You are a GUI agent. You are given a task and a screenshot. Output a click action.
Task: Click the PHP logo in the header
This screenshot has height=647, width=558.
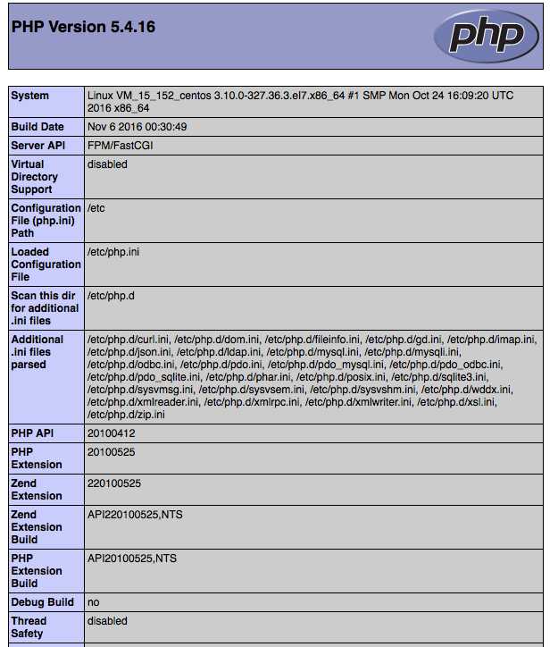(x=486, y=36)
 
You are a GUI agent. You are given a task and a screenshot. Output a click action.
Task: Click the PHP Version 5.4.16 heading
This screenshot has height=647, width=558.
(x=83, y=27)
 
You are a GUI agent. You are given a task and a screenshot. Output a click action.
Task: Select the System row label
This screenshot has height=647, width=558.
(x=30, y=96)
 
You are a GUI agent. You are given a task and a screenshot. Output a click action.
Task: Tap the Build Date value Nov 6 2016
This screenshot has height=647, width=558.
(x=137, y=127)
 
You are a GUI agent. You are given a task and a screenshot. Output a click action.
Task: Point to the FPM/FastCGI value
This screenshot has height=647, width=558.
(x=120, y=146)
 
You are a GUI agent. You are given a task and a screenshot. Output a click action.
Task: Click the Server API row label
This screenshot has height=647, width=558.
(x=39, y=146)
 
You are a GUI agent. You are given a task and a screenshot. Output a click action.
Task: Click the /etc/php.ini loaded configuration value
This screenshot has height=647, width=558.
(x=113, y=252)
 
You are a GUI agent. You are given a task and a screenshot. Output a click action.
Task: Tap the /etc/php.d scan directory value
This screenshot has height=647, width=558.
(x=111, y=296)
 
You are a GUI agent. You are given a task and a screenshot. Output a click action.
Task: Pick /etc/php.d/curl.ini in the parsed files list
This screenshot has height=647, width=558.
(x=128, y=340)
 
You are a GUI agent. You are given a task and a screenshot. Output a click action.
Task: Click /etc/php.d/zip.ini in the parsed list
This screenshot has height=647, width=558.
(x=125, y=415)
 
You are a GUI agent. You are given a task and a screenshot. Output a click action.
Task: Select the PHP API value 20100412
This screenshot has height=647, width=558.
(x=112, y=433)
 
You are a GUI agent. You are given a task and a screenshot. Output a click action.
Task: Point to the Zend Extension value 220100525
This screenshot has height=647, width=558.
(x=114, y=483)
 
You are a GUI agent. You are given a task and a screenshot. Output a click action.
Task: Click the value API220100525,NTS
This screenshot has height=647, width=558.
(x=135, y=515)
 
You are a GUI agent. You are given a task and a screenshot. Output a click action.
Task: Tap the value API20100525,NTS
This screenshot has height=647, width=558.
(x=132, y=559)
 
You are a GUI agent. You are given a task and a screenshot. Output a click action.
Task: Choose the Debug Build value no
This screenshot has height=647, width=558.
(x=94, y=602)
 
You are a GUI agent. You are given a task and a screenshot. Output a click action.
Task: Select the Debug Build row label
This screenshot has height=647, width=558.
(x=42, y=602)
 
